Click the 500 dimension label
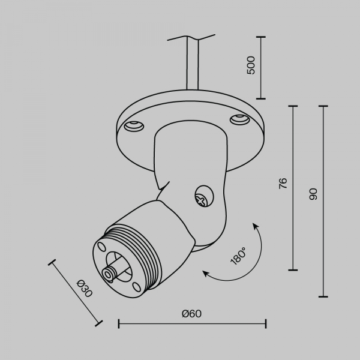251,65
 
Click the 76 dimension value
283,183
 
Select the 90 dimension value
313,194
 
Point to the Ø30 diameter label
85,289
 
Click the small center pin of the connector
110,273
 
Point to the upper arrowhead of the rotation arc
254,226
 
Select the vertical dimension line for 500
262,67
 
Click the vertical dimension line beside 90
324,201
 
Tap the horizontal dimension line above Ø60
192,324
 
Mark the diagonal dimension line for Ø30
76,293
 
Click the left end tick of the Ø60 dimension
119,324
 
